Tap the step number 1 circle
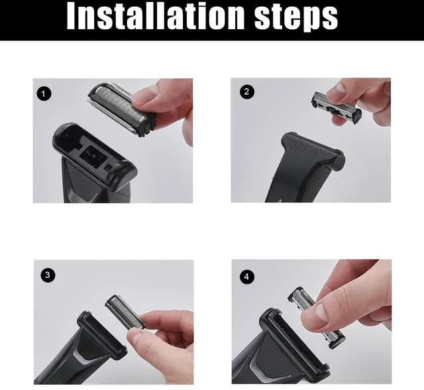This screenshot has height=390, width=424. pos(44,94)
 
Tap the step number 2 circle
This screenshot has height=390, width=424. pos(246,92)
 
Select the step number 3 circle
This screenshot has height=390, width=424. pos(48,275)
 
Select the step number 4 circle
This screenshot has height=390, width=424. pos(246,277)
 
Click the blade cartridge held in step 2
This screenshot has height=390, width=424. pos(337,107)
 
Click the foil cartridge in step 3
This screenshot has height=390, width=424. pos(124,312)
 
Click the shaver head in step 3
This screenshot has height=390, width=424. pos(102,336)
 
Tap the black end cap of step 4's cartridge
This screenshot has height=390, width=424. pos(337,342)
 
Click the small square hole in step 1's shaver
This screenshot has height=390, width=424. pos(109,168)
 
